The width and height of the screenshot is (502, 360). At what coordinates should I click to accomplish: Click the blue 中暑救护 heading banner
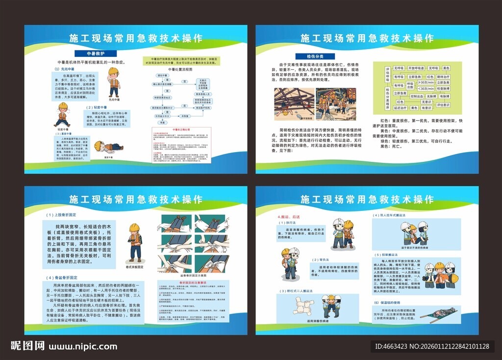tap(95, 53)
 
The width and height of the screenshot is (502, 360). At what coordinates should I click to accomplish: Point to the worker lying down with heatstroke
tap(108, 147)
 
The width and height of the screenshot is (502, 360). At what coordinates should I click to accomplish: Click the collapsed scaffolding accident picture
tap(294, 103)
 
